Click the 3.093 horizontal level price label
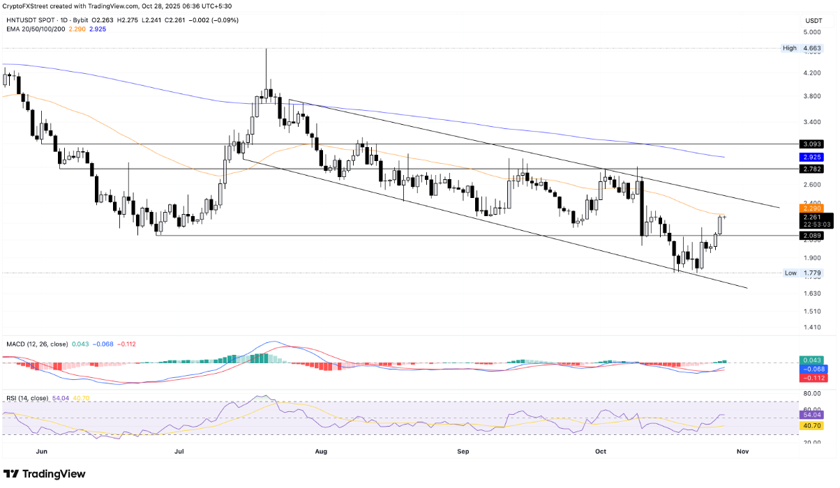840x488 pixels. pyautogui.click(x=811, y=144)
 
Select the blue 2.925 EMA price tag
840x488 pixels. pyautogui.click(x=811, y=158)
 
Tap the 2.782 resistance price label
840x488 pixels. pyautogui.click(x=811, y=169)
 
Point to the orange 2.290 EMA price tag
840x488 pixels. pyautogui.click(x=811, y=208)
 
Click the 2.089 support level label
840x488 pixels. pyautogui.click(x=811, y=236)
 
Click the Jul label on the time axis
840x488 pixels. pyautogui.click(x=179, y=452)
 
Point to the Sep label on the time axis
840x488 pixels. pyautogui.click(x=463, y=452)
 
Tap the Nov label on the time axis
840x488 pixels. pyautogui.click(x=742, y=452)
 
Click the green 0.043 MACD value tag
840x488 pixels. pyautogui.click(x=811, y=360)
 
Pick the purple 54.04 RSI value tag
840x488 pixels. pyautogui.click(x=811, y=413)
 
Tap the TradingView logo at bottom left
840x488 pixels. pyautogui.click(x=45, y=474)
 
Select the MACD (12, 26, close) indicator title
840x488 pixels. pyautogui.click(x=35, y=344)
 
